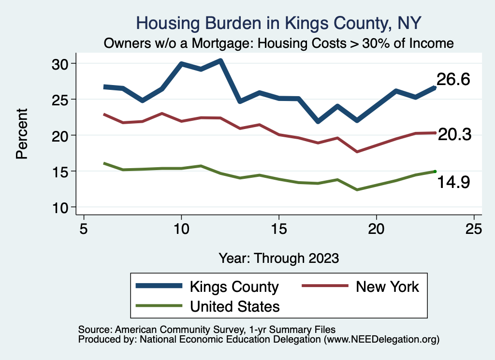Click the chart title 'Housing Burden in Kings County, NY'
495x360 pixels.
279,23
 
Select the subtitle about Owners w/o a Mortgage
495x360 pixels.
279,43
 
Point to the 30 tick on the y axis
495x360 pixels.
63,64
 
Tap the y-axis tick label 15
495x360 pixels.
63,172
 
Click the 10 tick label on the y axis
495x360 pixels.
63,207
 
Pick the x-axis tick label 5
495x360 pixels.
84,228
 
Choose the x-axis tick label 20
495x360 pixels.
376,228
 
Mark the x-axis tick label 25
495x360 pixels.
474,228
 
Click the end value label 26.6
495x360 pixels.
453,80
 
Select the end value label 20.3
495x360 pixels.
454,135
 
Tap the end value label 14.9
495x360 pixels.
453,182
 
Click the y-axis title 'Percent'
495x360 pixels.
21,135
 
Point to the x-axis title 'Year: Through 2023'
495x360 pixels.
279,258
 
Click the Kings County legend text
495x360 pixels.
234,287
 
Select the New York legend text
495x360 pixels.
388,287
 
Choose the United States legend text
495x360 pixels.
235,306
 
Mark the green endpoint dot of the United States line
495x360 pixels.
435,171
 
